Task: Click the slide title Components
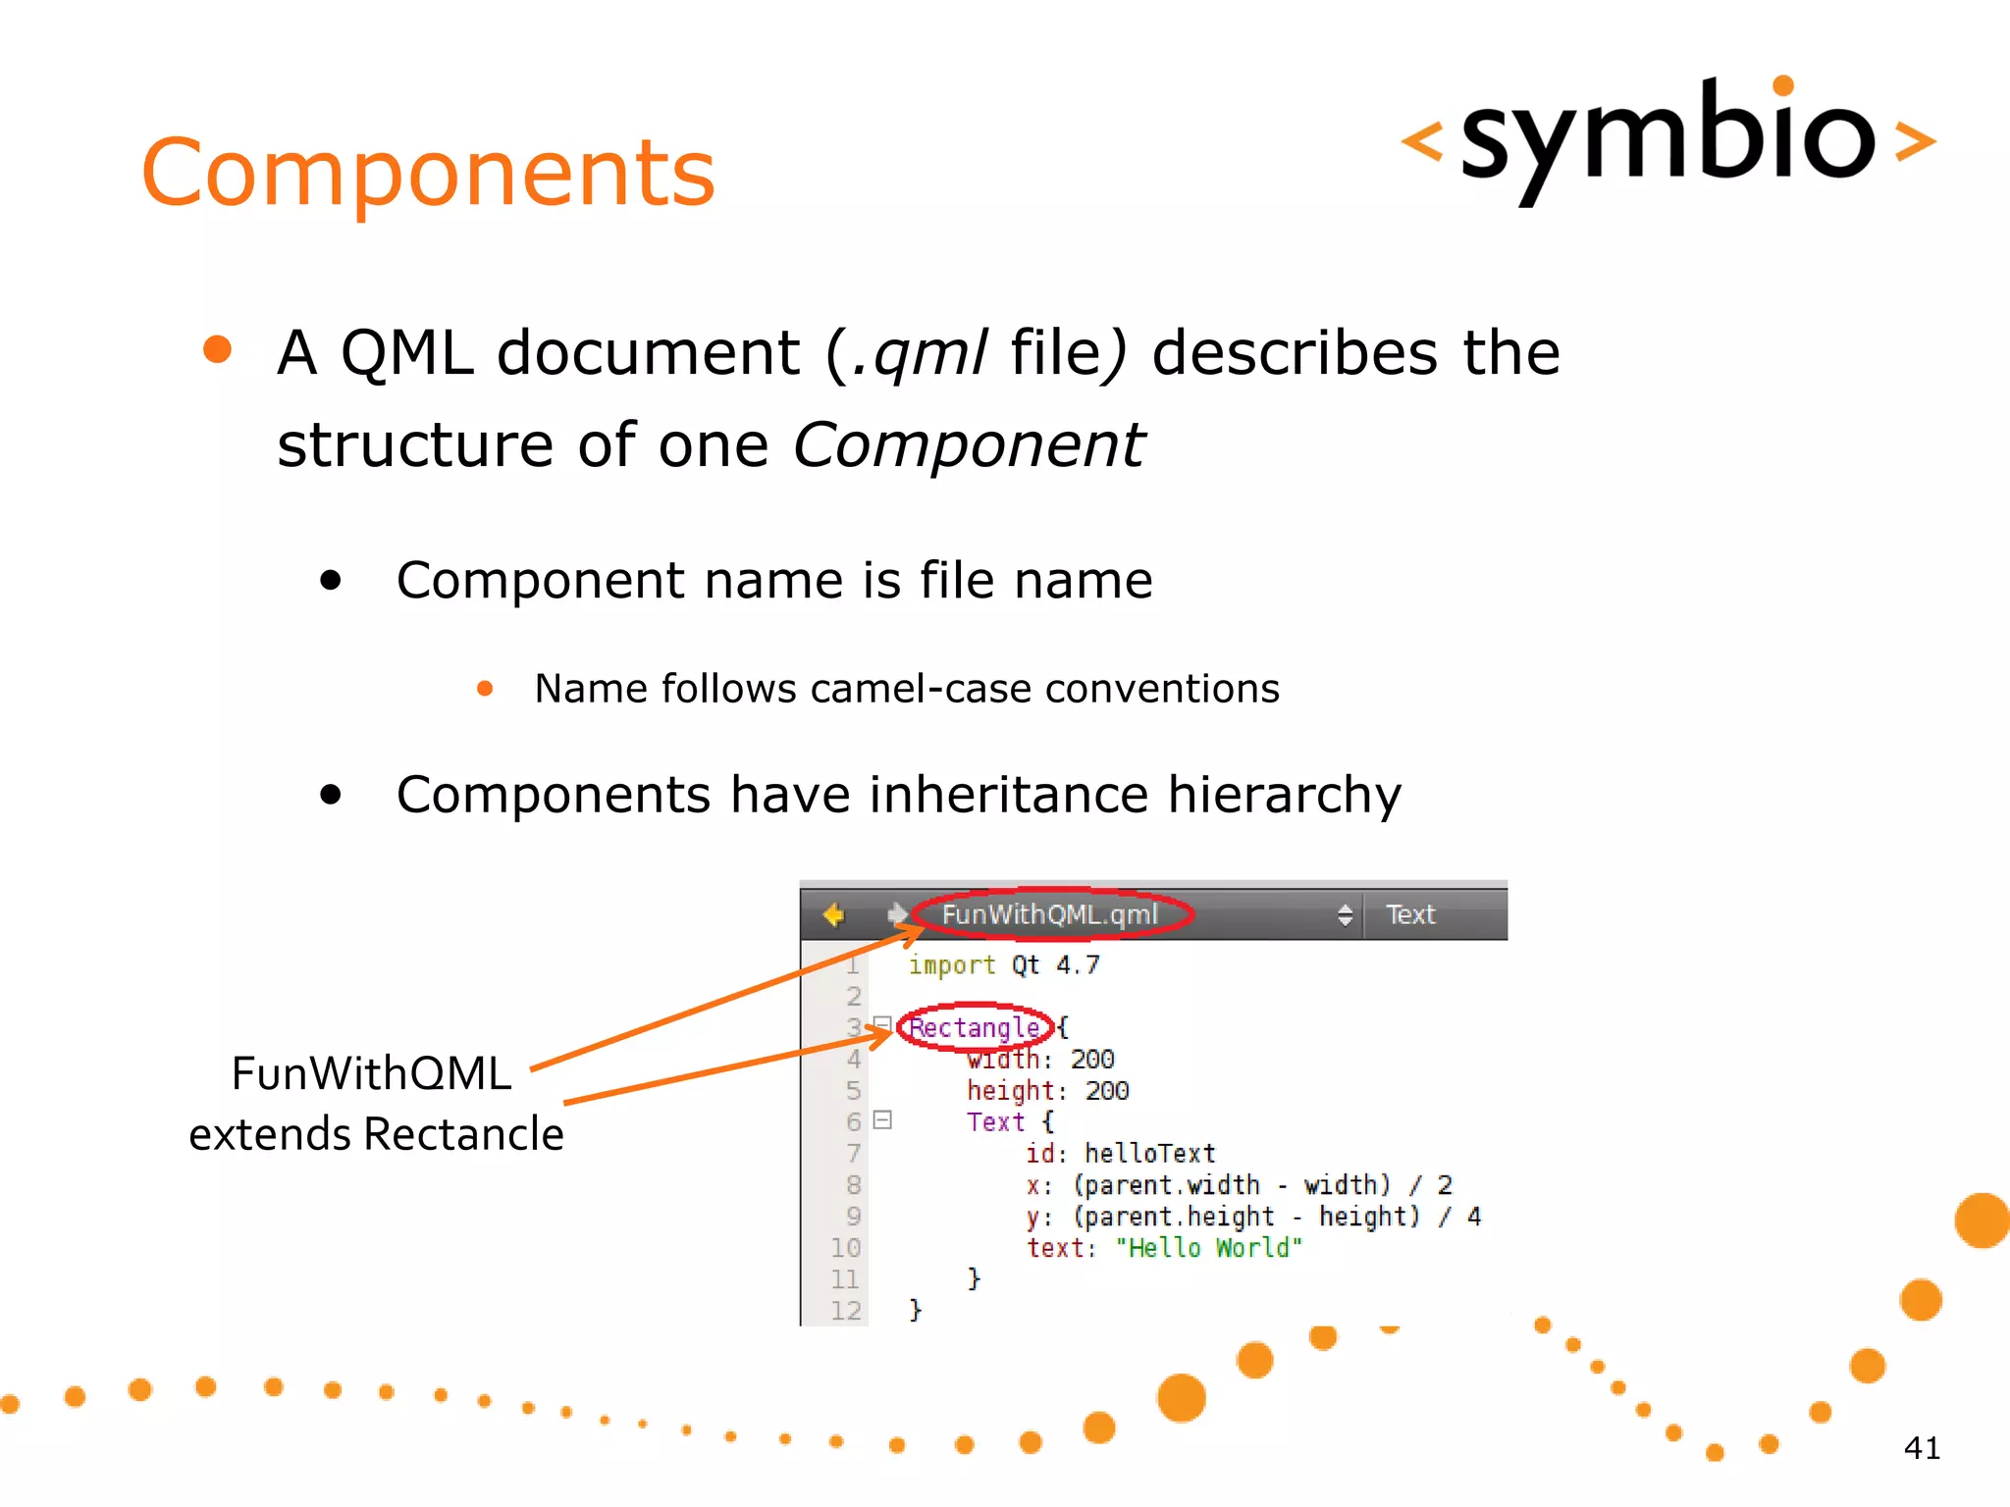tap(428, 173)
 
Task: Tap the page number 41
tap(1921, 1448)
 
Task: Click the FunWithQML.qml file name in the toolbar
tap(1049, 914)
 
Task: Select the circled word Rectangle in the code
tap(975, 1027)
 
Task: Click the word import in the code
tap(951, 965)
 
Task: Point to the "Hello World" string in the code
tap(1209, 1248)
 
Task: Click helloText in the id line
tap(1149, 1154)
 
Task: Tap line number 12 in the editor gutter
tap(845, 1311)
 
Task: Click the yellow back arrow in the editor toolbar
tap(833, 914)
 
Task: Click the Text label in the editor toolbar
tap(1410, 914)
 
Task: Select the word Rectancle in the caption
tap(463, 1134)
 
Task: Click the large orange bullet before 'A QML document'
tap(217, 350)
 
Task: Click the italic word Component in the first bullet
tap(968, 445)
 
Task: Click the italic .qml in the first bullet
tap(920, 353)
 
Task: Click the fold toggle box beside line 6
tap(882, 1119)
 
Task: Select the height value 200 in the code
tap(1106, 1091)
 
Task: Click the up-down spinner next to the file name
tap(1345, 914)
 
